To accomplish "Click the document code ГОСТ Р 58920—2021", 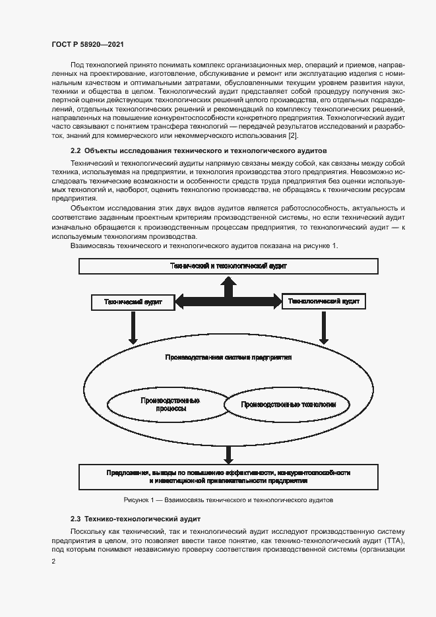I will [x=87, y=44].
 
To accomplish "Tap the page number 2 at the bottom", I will [x=53, y=562].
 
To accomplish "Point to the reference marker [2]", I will [x=292, y=136].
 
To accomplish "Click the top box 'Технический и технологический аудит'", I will [x=228, y=266].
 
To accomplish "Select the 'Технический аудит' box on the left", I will [x=133, y=302].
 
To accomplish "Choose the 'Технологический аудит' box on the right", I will [x=324, y=301].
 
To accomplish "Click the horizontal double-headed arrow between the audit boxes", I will [x=228, y=302].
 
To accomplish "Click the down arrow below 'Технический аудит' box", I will [x=133, y=327].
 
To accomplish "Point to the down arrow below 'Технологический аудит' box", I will [x=324, y=327].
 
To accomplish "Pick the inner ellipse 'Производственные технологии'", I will [x=289, y=404].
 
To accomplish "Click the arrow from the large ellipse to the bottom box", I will [x=228, y=454].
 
